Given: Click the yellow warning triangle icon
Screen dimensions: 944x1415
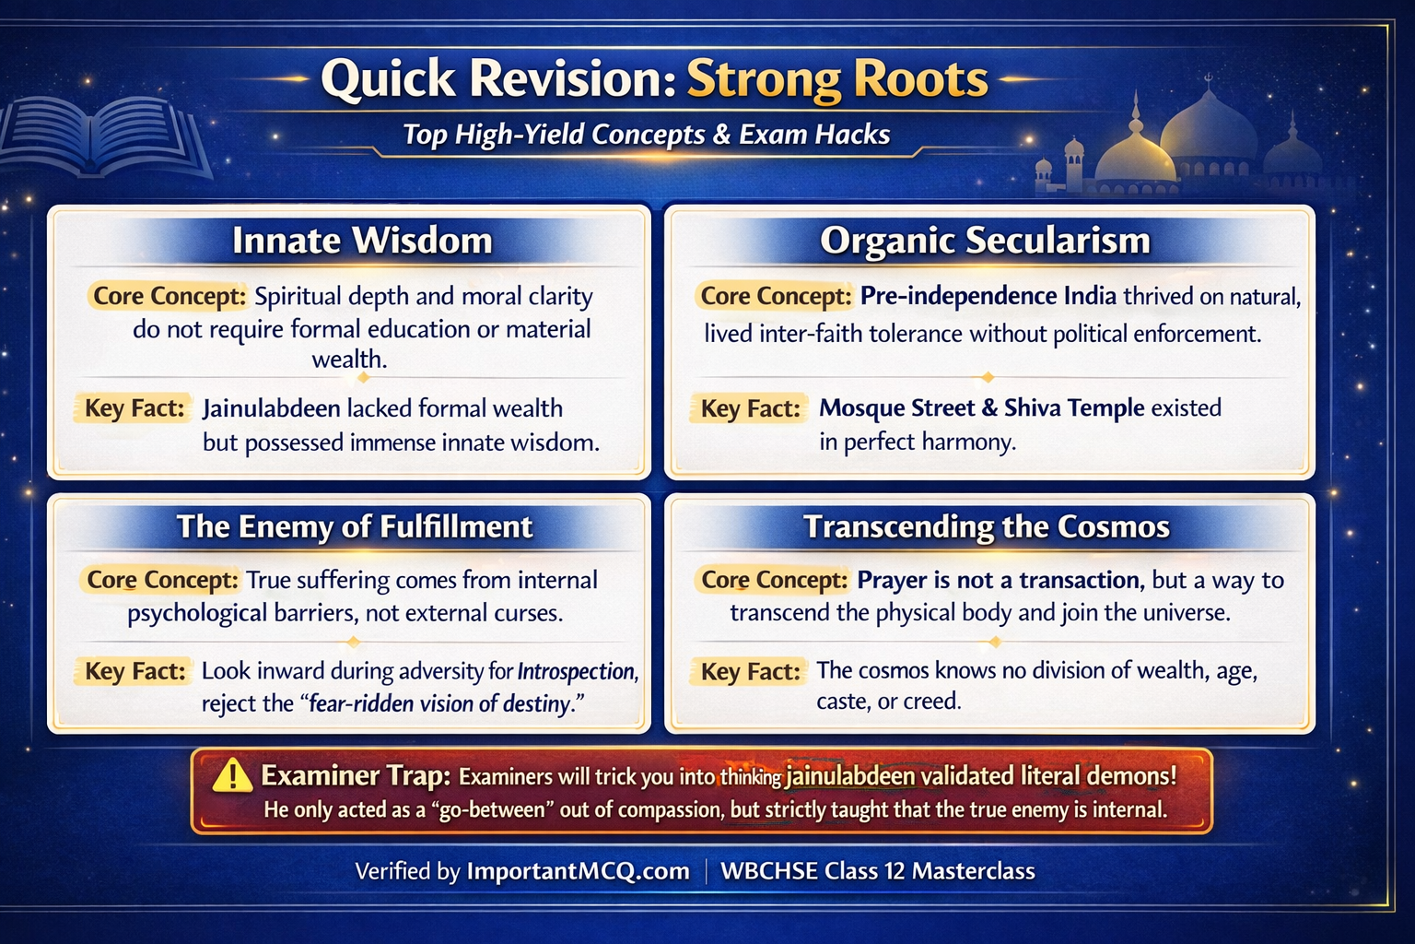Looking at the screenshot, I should (232, 775).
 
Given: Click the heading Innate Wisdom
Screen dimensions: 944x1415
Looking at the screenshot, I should (362, 241).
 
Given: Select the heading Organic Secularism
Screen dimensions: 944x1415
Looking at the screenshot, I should (985, 241).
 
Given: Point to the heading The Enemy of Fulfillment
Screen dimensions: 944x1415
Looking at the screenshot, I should (355, 526).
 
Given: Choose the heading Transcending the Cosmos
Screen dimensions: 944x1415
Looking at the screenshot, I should (986, 526).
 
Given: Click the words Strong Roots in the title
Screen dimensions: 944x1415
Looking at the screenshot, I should (836, 79).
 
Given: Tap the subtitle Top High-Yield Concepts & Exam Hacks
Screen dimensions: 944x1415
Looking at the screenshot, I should (647, 135).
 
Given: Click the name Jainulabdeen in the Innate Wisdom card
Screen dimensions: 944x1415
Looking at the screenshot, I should (271, 408).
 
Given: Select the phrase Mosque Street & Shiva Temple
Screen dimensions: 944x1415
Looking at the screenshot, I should (981, 408).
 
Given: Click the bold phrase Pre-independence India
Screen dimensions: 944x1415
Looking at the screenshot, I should (988, 296).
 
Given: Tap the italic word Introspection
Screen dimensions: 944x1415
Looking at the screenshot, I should (577, 671).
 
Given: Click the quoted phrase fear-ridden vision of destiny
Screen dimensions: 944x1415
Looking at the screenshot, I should (440, 704).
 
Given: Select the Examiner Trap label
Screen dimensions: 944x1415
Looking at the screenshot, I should (355, 775).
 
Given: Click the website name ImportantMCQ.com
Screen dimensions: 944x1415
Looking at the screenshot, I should (578, 871).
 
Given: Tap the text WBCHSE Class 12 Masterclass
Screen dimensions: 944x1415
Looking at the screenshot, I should (877, 871).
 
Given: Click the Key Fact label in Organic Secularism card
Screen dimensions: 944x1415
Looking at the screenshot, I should (750, 408).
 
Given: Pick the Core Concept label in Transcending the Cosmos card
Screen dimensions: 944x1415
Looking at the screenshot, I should (774, 580).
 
